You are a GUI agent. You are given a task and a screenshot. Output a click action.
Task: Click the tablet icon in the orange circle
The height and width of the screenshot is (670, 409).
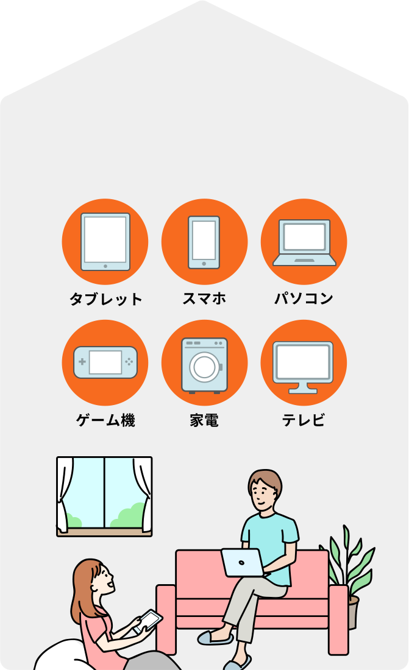pyautogui.click(x=105, y=241)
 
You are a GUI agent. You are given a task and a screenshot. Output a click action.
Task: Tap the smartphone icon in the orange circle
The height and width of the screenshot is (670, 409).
pyautogui.click(x=204, y=242)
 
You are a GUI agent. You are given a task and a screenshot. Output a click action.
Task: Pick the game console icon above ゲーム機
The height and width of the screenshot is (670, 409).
pyautogui.click(x=105, y=362)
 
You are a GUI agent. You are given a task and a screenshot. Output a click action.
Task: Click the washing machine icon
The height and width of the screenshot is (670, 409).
pyautogui.click(x=204, y=364)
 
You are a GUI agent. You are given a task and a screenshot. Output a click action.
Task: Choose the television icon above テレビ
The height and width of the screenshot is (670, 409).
pyautogui.click(x=303, y=366)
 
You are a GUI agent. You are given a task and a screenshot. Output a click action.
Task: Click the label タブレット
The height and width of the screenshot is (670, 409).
pyautogui.click(x=105, y=299)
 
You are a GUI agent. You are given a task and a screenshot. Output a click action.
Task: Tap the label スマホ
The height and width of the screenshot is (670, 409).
pyautogui.click(x=204, y=298)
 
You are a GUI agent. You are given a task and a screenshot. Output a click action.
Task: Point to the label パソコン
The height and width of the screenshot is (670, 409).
pyautogui.click(x=304, y=298)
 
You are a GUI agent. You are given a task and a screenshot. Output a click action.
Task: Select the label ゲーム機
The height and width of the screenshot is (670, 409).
pyautogui.click(x=105, y=420)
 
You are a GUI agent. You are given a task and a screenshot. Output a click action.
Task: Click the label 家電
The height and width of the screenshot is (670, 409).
pyautogui.click(x=204, y=420)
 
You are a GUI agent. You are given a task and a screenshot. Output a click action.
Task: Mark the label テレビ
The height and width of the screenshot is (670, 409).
pyautogui.click(x=304, y=420)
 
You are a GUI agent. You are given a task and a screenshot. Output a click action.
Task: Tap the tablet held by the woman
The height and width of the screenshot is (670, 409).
pyautogui.click(x=148, y=621)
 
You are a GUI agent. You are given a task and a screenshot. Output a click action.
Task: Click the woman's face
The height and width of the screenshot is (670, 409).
pyautogui.click(x=101, y=579)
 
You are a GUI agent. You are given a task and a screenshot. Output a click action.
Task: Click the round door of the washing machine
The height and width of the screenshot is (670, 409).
pyautogui.click(x=204, y=367)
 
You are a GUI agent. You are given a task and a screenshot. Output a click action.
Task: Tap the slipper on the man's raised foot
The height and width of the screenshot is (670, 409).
pyautogui.click(x=215, y=638)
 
